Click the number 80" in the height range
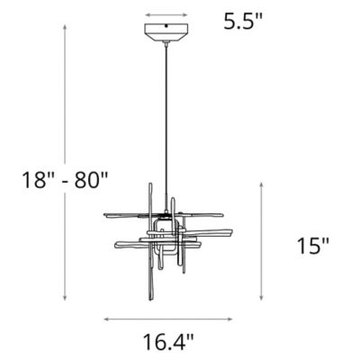click(90, 178)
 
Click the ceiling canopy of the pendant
click(166, 31)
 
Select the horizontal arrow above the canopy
click(166, 15)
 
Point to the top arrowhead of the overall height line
click(65, 28)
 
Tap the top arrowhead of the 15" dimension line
click(262, 181)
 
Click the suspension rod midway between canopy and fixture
click(166, 126)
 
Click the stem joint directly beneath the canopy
click(166, 44)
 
